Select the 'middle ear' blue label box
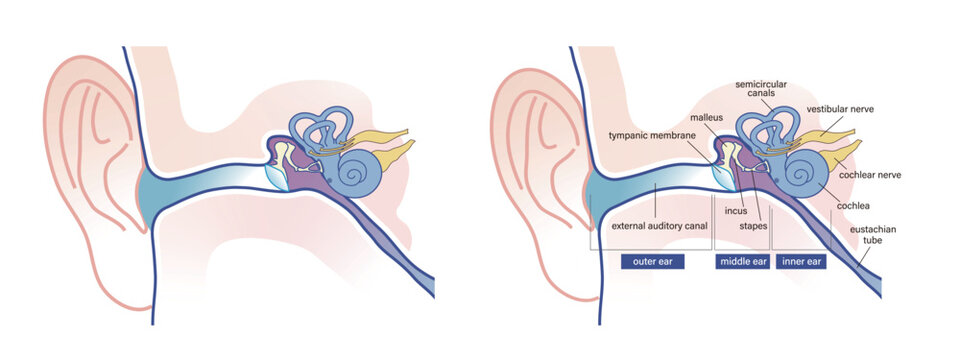tap(742, 263)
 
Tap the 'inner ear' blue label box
tap(801, 263)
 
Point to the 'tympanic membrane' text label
tap(652, 135)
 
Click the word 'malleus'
tap(707, 117)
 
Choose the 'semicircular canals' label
tap(758, 89)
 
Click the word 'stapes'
tap(753, 227)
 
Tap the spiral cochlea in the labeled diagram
tap(803, 172)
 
